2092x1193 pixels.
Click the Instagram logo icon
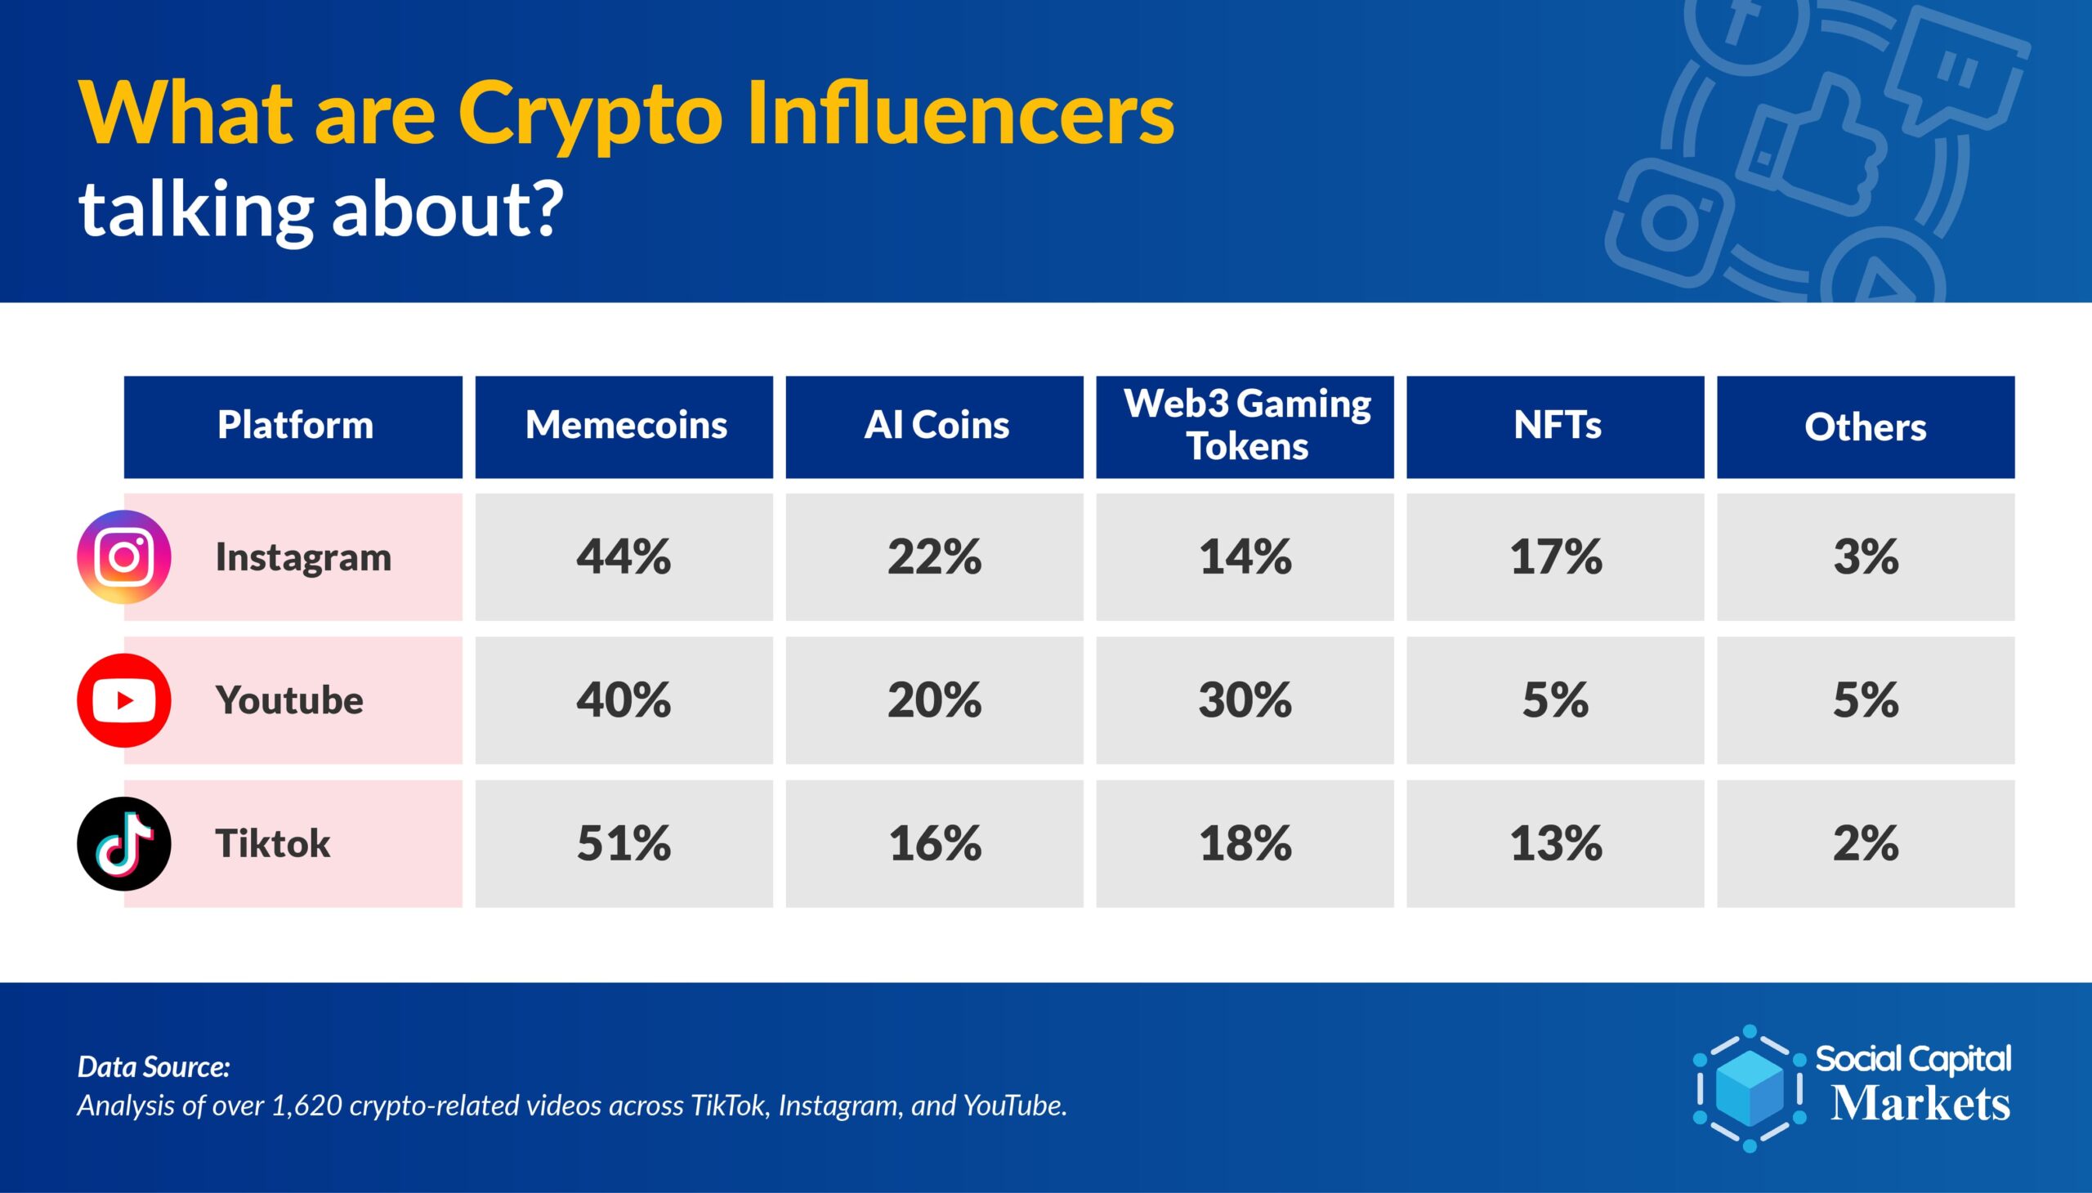pos(123,557)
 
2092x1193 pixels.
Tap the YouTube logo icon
pos(123,700)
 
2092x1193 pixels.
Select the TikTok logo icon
pos(123,844)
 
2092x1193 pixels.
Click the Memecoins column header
pos(624,427)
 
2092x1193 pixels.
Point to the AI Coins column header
pos(935,427)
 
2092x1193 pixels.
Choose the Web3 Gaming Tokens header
pos(1245,427)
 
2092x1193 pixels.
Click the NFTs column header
pos(1555,427)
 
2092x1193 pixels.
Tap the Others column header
pos(1866,427)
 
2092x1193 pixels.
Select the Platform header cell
pos(293,427)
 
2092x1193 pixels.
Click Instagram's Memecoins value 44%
pos(624,557)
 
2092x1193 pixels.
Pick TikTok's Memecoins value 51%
pos(624,844)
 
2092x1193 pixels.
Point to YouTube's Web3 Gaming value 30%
pos(1245,700)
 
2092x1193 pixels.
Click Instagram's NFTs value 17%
pos(1556,557)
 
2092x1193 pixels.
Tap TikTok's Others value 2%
pos(1866,844)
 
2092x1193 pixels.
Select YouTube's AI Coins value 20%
pos(935,700)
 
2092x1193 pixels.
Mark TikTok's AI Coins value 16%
pos(935,844)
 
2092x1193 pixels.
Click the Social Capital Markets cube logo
pos(1750,1088)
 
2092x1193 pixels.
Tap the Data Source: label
pos(154,1067)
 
